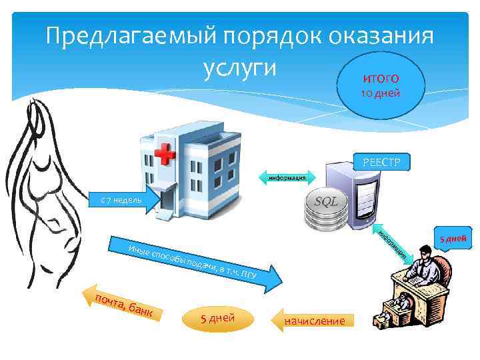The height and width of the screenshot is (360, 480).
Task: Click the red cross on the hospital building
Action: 162,155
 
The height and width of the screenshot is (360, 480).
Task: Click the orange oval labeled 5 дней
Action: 217,317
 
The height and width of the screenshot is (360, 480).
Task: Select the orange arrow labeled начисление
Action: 313,321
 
